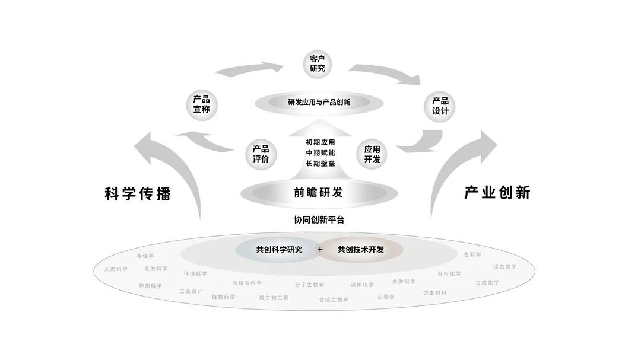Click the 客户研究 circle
[x=317, y=63]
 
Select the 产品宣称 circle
[x=202, y=104]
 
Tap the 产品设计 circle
[x=440, y=106]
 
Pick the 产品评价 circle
[x=261, y=154]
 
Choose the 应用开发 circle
[x=372, y=154]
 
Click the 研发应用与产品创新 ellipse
[x=319, y=103]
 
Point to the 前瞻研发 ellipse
[x=319, y=193]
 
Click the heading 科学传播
[x=138, y=194]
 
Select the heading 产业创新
[x=497, y=193]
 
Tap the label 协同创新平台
[x=319, y=220]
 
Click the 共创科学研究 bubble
[x=279, y=250]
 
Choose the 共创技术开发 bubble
[x=361, y=250]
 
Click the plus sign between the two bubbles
[x=320, y=250]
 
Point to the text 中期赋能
[x=320, y=153]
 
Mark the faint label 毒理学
[x=145, y=256]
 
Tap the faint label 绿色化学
[x=504, y=266]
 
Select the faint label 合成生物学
[x=334, y=300]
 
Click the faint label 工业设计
[x=191, y=291]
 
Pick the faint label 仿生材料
[x=434, y=293]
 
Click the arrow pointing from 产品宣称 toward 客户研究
[x=249, y=69]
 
